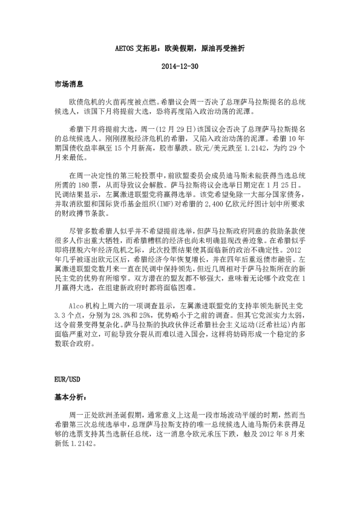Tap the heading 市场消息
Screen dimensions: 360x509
(x=68, y=85)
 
